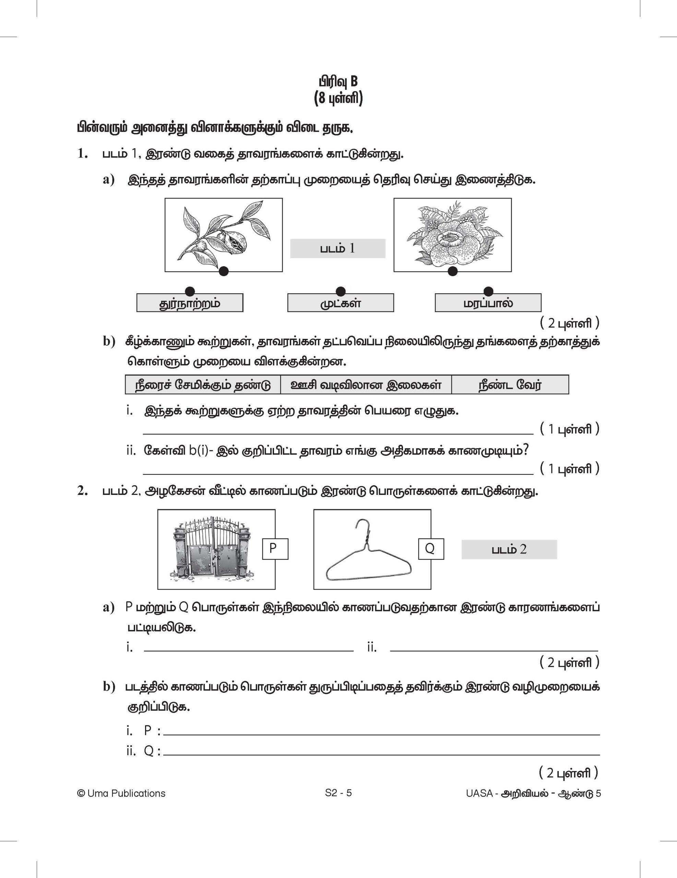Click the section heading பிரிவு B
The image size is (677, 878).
pyautogui.click(x=338, y=82)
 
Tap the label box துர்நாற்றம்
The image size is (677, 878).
pyautogui.click(x=190, y=303)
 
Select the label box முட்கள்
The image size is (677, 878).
pyautogui.click(x=341, y=303)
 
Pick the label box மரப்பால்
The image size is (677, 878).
pyautogui.click(x=488, y=303)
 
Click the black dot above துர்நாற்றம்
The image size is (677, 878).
pyautogui.click(x=190, y=292)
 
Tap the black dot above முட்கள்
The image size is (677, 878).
pyautogui.click(x=341, y=291)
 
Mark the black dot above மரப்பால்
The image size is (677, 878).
pyautogui.click(x=488, y=291)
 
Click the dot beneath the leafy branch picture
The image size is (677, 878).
pyautogui.click(x=224, y=271)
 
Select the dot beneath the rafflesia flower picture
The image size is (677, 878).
pyautogui.click(x=453, y=271)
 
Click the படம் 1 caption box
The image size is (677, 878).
pyautogui.click(x=338, y=248)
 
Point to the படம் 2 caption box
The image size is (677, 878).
pyautogui.click(x=509, y=549)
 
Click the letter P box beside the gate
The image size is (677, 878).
pyautogui.click(x=275, y=548)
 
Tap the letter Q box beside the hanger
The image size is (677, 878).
pyautogui.click(x=431, y=548)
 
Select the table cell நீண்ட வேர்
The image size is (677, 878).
pyautogui.click(x=510, y=385)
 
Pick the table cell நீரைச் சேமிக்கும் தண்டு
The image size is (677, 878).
pyautogui.click(x=203, y=385)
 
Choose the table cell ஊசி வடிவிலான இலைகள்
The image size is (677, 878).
pyautogui.click(x=366, y=385)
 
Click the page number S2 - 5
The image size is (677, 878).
pyautogui.click(x=338, y=793)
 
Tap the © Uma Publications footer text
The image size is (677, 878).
pyautogui.click(x=121, y=794)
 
